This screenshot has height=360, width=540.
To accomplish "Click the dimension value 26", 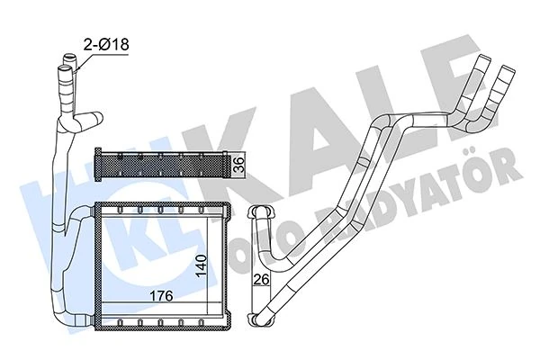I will coord(260,279).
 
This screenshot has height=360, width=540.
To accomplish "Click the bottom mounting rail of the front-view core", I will coord(153,321).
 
